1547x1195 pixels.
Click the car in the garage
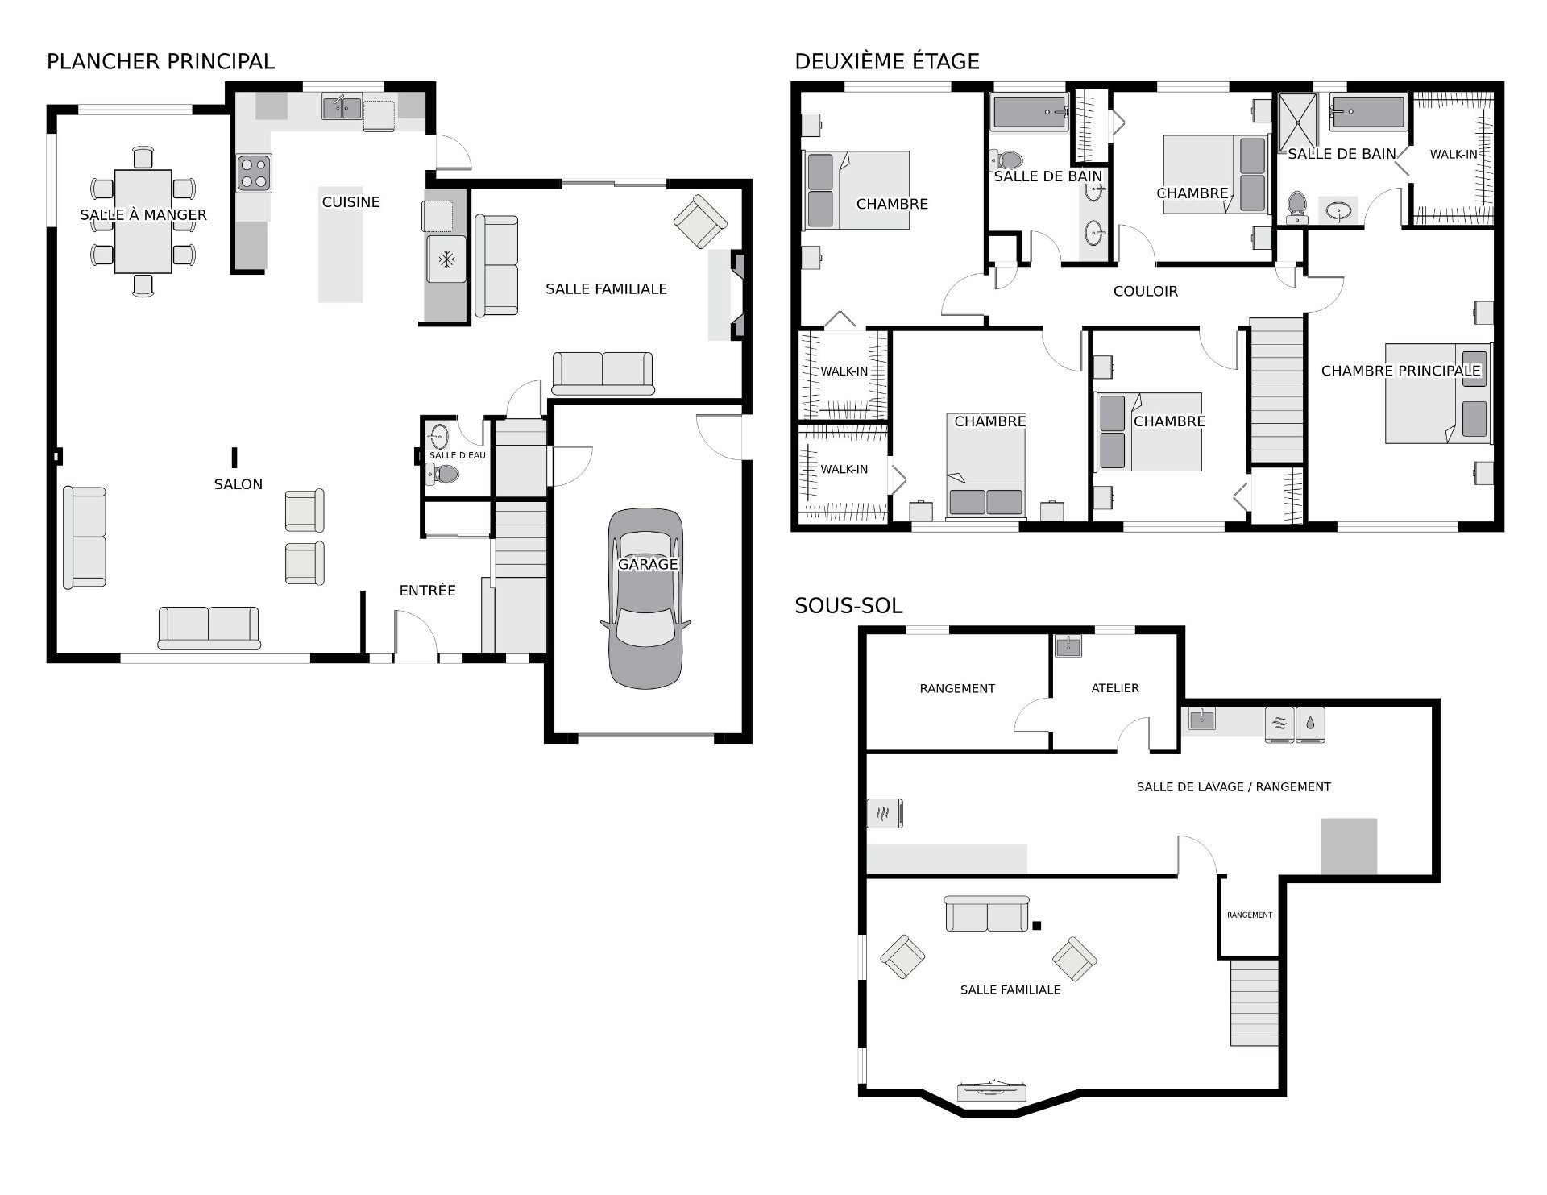click(x=645, y=598)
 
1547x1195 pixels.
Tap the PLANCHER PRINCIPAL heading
click(x=160, y=61)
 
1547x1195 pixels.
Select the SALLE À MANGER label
click(x=143, y=214)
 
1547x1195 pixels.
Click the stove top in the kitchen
click(x=254, y=173)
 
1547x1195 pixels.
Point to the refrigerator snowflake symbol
click(x=446, y=259)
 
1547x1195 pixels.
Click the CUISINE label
click(x=350, y=202)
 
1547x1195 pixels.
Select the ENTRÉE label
click(x=428, y=591)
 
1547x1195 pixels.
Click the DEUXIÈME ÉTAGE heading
click(x=887, y=61)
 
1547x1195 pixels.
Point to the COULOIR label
click(x=1146, y=291)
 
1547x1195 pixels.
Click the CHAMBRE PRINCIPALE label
click(x=1401, y=371)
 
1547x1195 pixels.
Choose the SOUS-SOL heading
click(x=848, y=606)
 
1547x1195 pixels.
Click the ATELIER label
click(x=1115, y=688)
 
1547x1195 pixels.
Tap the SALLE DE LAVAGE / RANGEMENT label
click(x=1234, y=786)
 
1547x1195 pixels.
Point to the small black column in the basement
click(x=1037, y=926)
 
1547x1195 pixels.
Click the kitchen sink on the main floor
click(x=342, y=106)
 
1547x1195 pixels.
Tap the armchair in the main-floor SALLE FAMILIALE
click(x=700, y=222)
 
